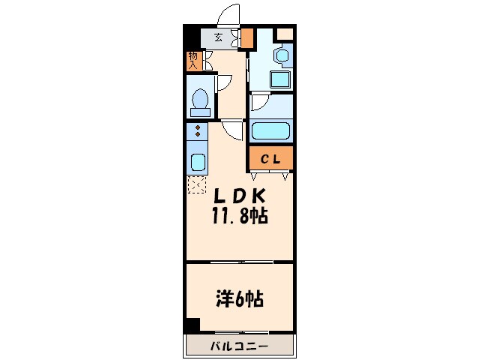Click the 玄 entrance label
[x=219, y=37]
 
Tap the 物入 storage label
[x=193, y=61]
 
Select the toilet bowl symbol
[x=200, y=100]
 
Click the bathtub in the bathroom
[x=270, y=130]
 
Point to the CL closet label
[x=270, y=158]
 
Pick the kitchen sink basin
[x=197, y=162]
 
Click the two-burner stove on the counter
[x=197, y=133]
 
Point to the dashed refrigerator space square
[x=197, y=184]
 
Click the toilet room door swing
[x=224, y=84]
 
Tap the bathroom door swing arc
[x=259, y=103]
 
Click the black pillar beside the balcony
[x=193, y=325]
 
